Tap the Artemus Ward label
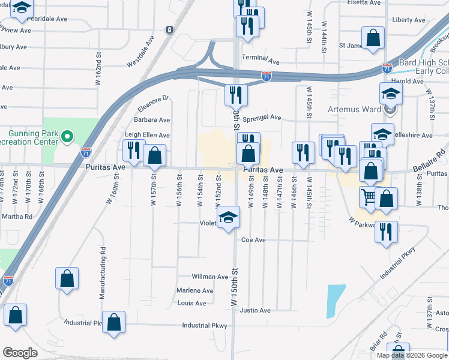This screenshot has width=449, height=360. pos(355,110)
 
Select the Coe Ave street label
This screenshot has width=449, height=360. pos(253,240)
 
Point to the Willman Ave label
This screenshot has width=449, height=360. pos(210,277)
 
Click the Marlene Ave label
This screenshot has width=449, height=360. pos(195,290)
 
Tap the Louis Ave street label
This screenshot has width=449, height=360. pos(192,303)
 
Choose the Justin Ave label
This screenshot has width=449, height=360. pos(255,310)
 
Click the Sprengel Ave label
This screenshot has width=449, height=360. pos(262,118)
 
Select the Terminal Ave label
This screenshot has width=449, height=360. pos(261,61)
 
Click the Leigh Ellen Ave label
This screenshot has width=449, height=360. pos(147,136)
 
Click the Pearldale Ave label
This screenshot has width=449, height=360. pos(47,19)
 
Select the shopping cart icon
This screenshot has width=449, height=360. pos(368,196)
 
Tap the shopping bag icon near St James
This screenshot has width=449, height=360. pos(374,38)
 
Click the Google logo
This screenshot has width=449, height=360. pos(20,353)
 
